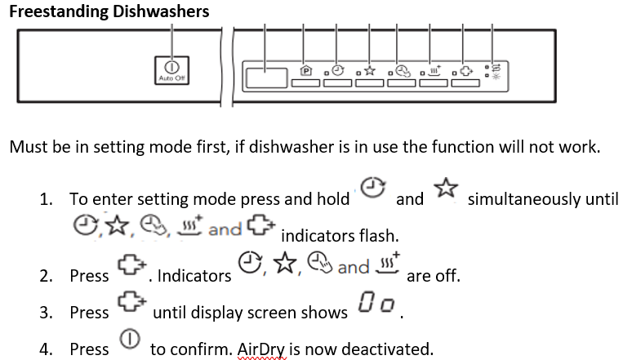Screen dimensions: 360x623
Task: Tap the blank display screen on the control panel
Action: [x=266, y=78]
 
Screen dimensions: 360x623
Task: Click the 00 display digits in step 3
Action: [x=376, y=309]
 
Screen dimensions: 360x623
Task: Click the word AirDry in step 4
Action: [x=260, y=349]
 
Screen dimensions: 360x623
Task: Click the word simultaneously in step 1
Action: [x=543, y=199]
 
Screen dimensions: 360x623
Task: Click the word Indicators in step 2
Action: [x=194, y=276]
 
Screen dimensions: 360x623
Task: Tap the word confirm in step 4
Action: [x=198, y=349]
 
